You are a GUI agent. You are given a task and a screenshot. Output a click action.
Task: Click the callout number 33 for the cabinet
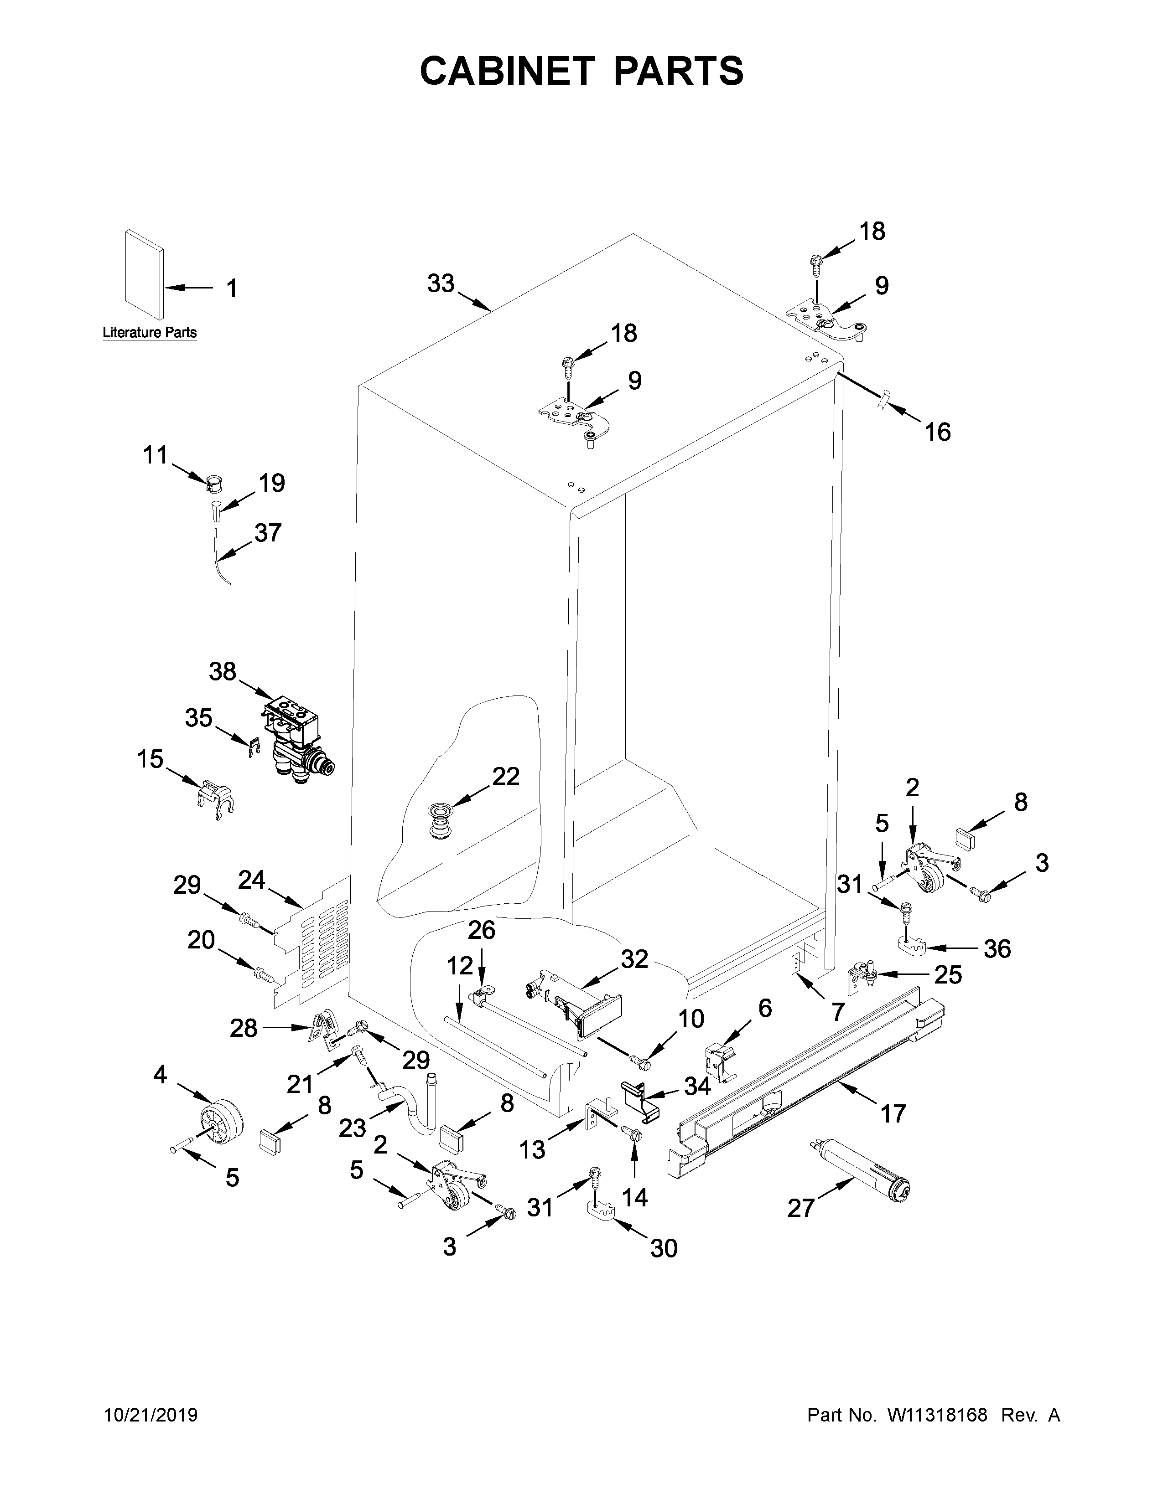[x=441, y=283]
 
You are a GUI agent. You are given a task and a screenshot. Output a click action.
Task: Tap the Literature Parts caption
[x=150, y=333]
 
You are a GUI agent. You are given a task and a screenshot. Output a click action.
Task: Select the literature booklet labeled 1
[x=145, y=276]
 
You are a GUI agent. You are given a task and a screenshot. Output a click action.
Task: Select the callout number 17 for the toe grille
[x=893, y=1113]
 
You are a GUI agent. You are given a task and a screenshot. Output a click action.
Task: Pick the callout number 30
[x=664, y=1248]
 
